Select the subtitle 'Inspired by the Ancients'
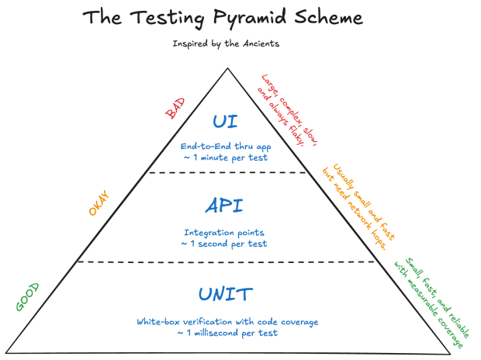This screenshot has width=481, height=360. point(226,44)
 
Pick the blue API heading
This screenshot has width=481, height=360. point(224,206)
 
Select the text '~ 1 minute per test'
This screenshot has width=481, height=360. point(225,158)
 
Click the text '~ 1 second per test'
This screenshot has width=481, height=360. point(225,244)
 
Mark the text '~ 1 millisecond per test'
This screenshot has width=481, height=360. point(226,333)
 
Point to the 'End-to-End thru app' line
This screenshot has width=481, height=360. point(225,146)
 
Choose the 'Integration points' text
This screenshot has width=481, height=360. point(225,231)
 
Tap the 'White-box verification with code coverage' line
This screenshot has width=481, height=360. point(226,320)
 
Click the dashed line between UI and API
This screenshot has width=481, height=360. point(225,173)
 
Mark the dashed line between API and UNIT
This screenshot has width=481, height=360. point(225,262)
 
